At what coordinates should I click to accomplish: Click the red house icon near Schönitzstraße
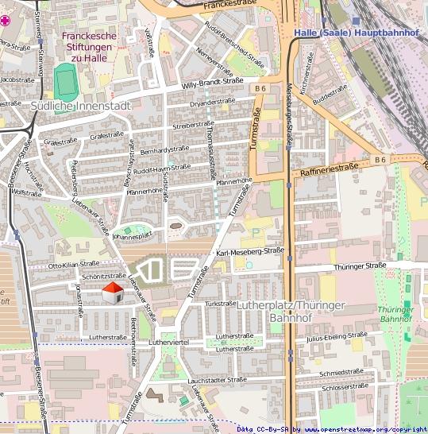(114, 293)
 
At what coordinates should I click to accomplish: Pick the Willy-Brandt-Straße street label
(212, 81)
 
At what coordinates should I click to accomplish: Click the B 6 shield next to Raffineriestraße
(380, 160)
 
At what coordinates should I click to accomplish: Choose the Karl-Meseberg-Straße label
(250, 252)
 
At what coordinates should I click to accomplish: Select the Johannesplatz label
(132, 235)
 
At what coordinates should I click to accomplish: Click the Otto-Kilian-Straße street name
(74, 263)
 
